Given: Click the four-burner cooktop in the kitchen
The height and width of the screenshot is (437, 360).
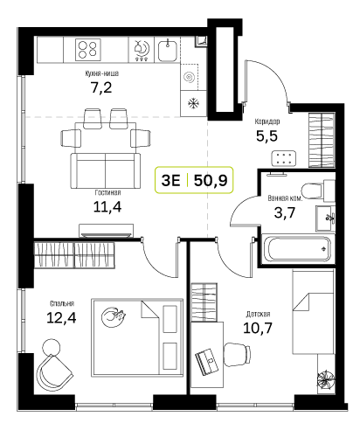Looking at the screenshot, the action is (x=88, y=50).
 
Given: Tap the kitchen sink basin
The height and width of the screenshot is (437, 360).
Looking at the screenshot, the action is (x=168, y=51).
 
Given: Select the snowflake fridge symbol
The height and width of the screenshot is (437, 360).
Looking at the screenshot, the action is (x=193, y=103).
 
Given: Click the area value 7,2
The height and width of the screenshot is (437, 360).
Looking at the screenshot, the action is (x=101, y=87).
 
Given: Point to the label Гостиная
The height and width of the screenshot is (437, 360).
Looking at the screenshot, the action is (x=107, y=192).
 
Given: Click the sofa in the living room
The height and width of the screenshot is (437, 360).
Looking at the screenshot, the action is (x=105, y=170).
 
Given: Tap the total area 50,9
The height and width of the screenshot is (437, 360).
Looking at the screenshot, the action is (x=211, y=180).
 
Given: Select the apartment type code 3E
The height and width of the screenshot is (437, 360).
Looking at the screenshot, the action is (x=170, y=180).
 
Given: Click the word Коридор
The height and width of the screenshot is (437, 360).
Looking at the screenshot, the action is (x=267, y=121).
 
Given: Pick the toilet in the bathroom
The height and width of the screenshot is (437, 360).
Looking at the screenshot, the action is (x=318, y=191).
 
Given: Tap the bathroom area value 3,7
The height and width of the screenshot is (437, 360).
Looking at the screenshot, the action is (x=285, y=212).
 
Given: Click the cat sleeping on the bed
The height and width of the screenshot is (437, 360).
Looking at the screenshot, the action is (x=114, y=316).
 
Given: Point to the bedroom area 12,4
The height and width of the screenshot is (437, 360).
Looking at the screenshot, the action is (x=61, y=317).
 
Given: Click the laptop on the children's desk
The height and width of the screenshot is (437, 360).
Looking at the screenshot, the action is (x=207, y=362).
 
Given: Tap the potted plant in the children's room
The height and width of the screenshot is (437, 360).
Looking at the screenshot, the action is (x=326, y=379).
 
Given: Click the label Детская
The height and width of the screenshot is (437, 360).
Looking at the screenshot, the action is (x=258, y=314).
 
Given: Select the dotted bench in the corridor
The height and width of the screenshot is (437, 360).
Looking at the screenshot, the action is (x=284, y=158).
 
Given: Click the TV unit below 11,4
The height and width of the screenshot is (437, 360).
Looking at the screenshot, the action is (x=107, y=230).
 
